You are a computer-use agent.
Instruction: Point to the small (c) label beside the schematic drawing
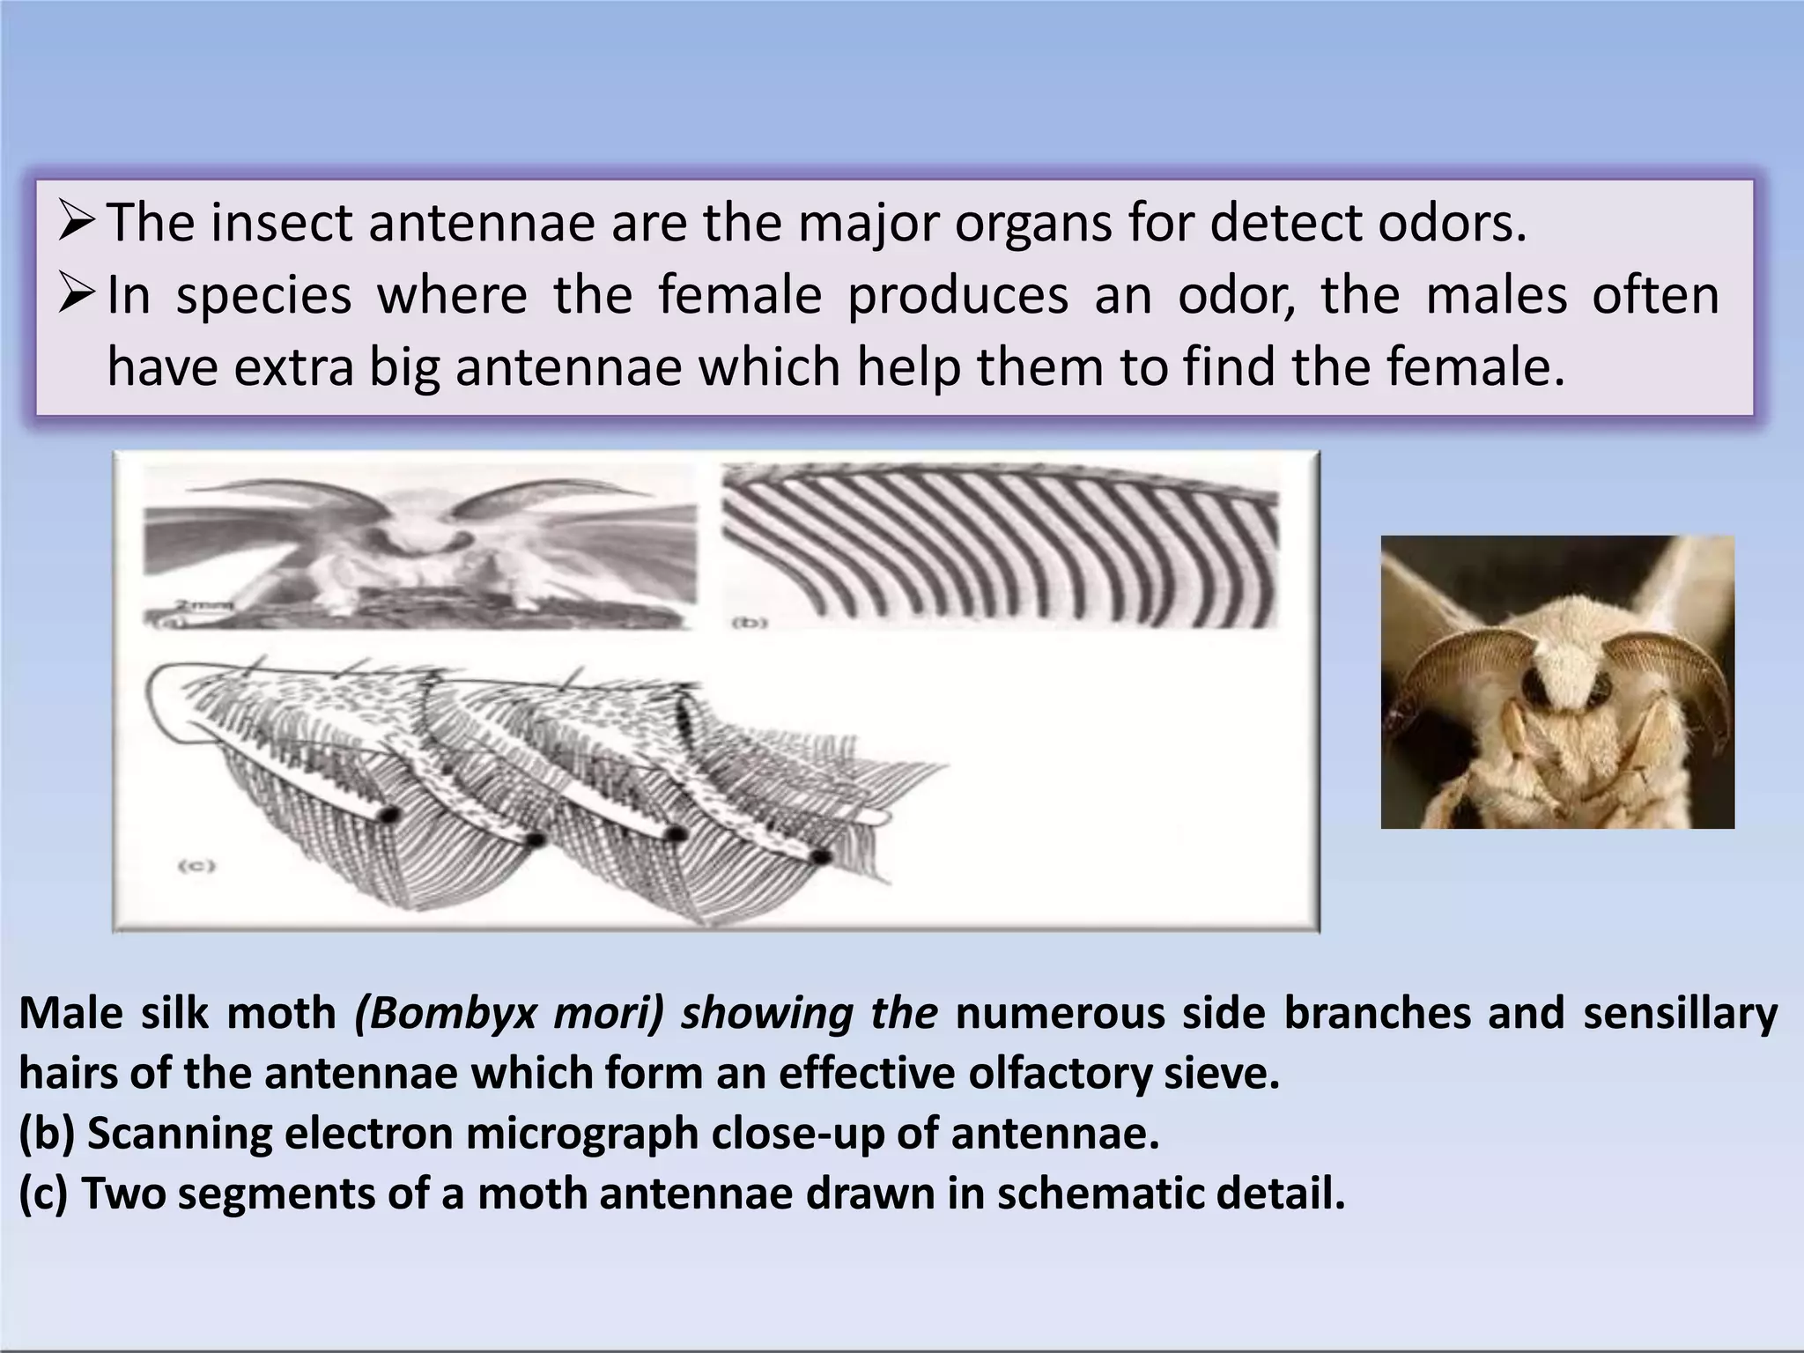pyautogui.click(x=197, y=865)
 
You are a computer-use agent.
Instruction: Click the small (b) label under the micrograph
pyautogui.click(x=750, y=623)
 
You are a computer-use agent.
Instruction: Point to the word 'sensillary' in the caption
pyautogui.click(x=1680, y=1014)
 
